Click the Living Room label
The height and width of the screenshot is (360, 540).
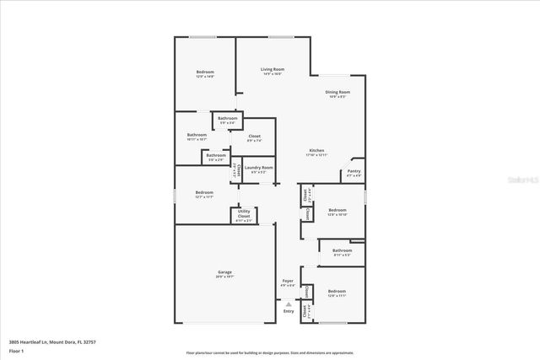[272, 70]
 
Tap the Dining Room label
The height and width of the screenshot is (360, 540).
[338, 93]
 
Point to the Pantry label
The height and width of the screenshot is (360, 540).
[354, 172]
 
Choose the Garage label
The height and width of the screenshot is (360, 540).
[224, 272]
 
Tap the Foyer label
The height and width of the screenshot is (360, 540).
[288, 282]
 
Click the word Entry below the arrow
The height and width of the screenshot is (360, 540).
[289, 311]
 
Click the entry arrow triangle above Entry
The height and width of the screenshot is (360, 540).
[289, 304]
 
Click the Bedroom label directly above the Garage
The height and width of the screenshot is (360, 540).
[204, 193]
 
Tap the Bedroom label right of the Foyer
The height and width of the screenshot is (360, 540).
[337, 292]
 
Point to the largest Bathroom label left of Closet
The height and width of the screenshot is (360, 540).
[197, 136]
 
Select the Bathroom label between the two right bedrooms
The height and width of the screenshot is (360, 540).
[342, 251]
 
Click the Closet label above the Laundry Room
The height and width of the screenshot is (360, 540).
[254, 137]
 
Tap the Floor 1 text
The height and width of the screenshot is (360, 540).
[16, 350]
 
